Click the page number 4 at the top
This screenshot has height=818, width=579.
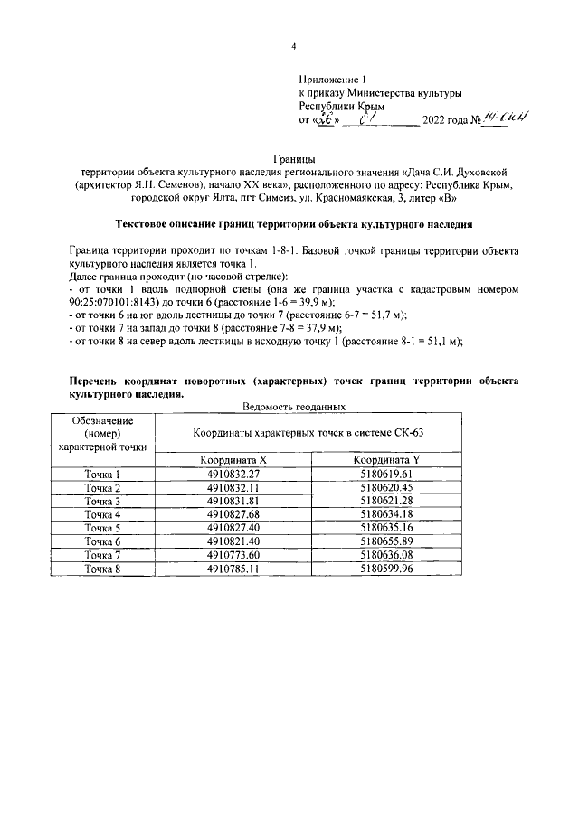tap(293, 47)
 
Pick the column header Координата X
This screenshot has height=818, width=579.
tap(233, 460)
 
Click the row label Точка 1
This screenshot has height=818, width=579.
tap(102, 474)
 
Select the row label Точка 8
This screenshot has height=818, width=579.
tap(102, 569)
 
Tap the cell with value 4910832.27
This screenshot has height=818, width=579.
tap(233, 474)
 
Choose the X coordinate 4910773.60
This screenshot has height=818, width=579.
tap(233, 555)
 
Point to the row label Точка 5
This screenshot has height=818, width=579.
tap(102, 528)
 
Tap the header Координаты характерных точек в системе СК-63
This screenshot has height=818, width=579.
tap(308, 432)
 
